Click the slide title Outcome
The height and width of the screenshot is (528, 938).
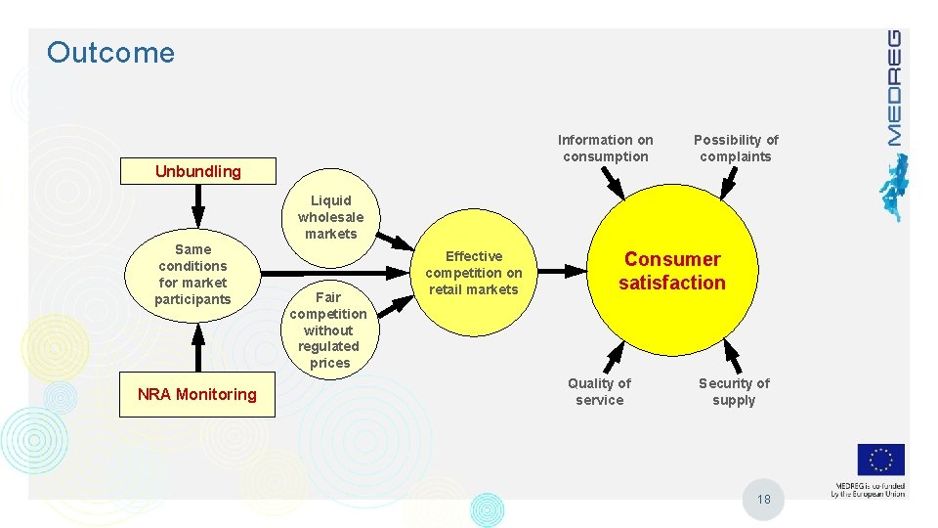click(x=110, y=53)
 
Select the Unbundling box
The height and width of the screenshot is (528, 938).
click(x=197, y=171)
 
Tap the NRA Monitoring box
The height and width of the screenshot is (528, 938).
click(x=197, y=394)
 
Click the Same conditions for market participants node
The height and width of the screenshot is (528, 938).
click(x=193, y=274)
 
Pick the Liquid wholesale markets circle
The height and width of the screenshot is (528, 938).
click(x=330, y=217)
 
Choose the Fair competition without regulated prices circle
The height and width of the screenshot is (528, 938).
click(x=329, y=330)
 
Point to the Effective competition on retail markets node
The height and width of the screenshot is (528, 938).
click(x=474, y=273)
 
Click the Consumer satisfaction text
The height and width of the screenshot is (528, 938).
click(x=672, y=271)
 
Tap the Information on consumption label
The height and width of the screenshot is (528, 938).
click(x=606, y=148)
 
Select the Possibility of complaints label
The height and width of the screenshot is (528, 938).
click(x=736, y=148)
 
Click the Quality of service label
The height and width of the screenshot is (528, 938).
click(x=600, y=391)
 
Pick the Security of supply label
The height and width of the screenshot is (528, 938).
click(x=734, y=391)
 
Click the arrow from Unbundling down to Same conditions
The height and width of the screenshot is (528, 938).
click(x=198, y=205)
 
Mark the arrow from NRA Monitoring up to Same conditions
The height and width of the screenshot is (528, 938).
click(x=198, y=346)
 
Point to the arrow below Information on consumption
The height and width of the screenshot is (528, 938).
click(x=612, y=183)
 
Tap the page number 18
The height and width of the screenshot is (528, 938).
click(x=764, y=500)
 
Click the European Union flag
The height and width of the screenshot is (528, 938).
click(x=880, y=461)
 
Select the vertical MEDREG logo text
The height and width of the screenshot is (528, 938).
click(x=893, y=88)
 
